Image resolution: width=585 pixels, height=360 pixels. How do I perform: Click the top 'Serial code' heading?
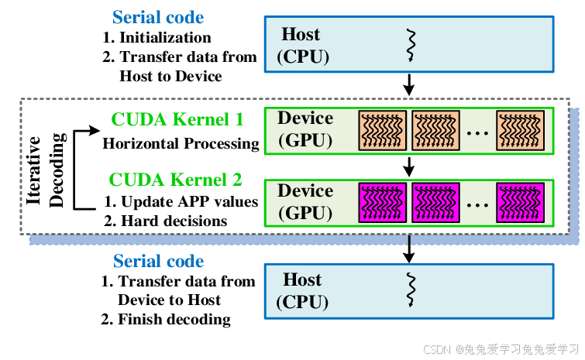(158, 17)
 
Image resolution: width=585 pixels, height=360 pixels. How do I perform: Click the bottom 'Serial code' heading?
(158, 261)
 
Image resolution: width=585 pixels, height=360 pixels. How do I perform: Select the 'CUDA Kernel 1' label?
(177, 119)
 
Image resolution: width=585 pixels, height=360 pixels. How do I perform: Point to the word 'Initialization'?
(163, 37)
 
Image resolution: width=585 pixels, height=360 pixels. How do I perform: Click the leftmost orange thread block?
(382, 129)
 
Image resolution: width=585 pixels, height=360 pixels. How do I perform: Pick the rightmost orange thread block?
(521, 129)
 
